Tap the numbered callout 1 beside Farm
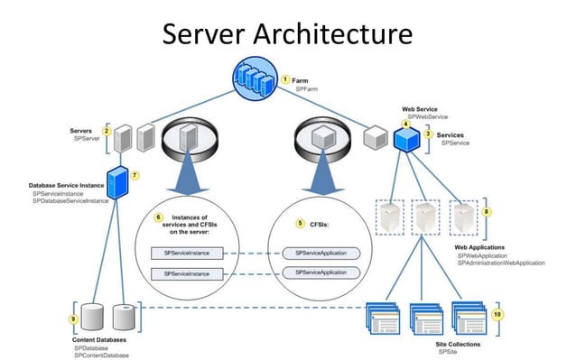click(x=285, y=80)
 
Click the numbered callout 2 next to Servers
click(x=107, y=132)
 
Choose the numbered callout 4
click(x=406, y=124)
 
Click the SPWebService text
click(x=426, y=117)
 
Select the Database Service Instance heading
click(x=69, y=186)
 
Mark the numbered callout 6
click(x=158, y=218)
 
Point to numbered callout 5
click(x=300, y=222)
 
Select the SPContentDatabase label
click(x=101, y=355)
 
